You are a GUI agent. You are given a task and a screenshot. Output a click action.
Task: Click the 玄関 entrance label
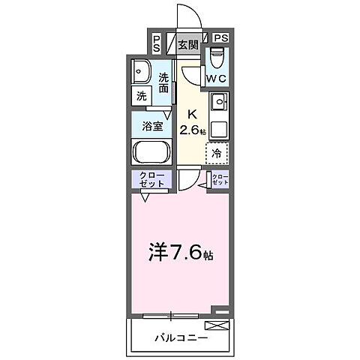[x=187, y=44]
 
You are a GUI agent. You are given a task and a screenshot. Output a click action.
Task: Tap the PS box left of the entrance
[x=156, y=43]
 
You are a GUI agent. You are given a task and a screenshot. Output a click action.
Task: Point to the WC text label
[x=217, y=77]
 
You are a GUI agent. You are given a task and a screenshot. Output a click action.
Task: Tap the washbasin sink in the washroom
[x=140, y=73]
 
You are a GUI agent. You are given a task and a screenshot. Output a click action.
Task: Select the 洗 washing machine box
[x=141, y=96]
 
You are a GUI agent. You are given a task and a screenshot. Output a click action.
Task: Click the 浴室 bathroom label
[x=153, y=126]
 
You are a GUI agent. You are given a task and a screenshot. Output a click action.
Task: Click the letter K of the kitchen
[x=191, y=115]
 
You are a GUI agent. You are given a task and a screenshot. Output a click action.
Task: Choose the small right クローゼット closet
[x=219, y=179]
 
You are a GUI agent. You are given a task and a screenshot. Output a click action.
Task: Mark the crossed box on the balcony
[x=219, y=323]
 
